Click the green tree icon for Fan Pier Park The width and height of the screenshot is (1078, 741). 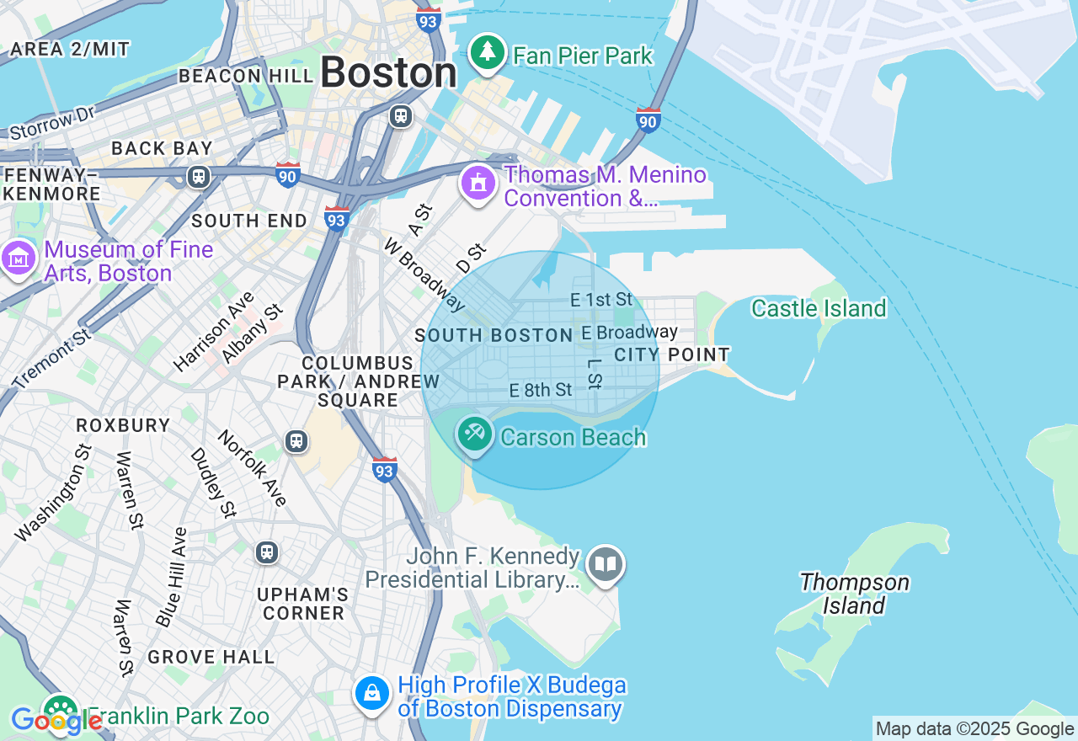[487, 53]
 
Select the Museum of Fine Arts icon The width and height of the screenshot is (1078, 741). [18, 259]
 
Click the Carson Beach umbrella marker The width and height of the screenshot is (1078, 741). [474, 434]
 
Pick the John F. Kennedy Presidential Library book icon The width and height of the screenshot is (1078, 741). [605, 564]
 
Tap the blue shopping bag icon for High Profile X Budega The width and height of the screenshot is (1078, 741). [371, 694]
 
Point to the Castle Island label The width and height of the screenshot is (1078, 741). [818, 308]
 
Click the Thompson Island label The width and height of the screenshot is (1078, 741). [854, 594]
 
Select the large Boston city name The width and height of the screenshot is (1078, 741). [388, 72]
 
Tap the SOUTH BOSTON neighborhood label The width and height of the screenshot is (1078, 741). [494, 335]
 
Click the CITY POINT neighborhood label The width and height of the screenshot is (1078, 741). [671, 355]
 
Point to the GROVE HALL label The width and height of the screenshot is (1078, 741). [211, 656]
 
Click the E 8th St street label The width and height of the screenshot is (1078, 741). [541, 390]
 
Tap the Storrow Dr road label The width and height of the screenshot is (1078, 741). [52, 124]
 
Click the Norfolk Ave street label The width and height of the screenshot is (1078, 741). [252, 468]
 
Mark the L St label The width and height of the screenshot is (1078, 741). [595, 374]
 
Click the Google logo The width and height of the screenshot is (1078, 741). [56, 721]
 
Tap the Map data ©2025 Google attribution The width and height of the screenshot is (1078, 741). [974, 729]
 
